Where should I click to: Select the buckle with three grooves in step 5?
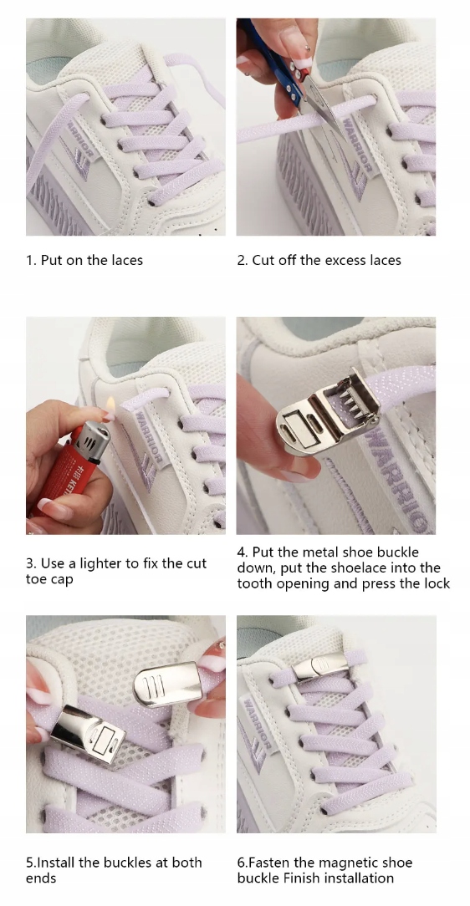pyautogui.click(x=167, y=685)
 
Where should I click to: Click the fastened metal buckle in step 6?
pyautogui.click(x=321, y=666)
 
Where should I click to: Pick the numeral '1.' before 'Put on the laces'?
pyautogui.click(x=31, y=261)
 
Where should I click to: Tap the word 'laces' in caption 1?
pyautogui.click(x=126, y=261)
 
